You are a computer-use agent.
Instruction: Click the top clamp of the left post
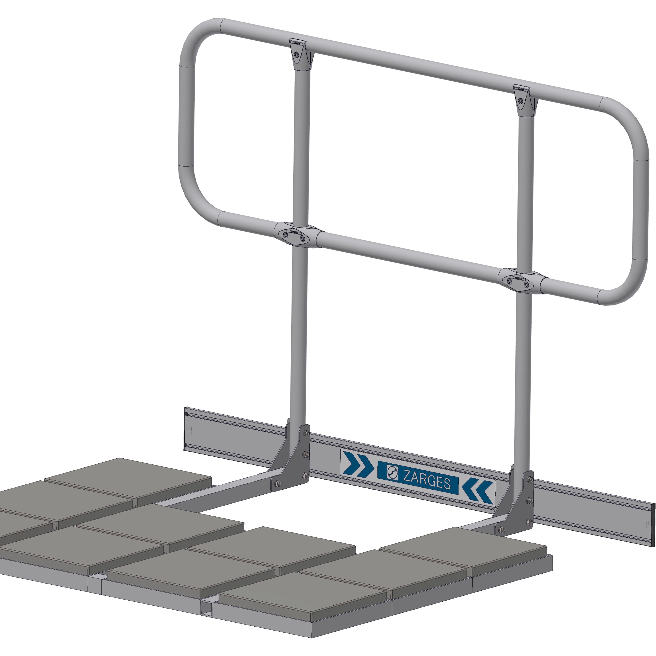(298, 54)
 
